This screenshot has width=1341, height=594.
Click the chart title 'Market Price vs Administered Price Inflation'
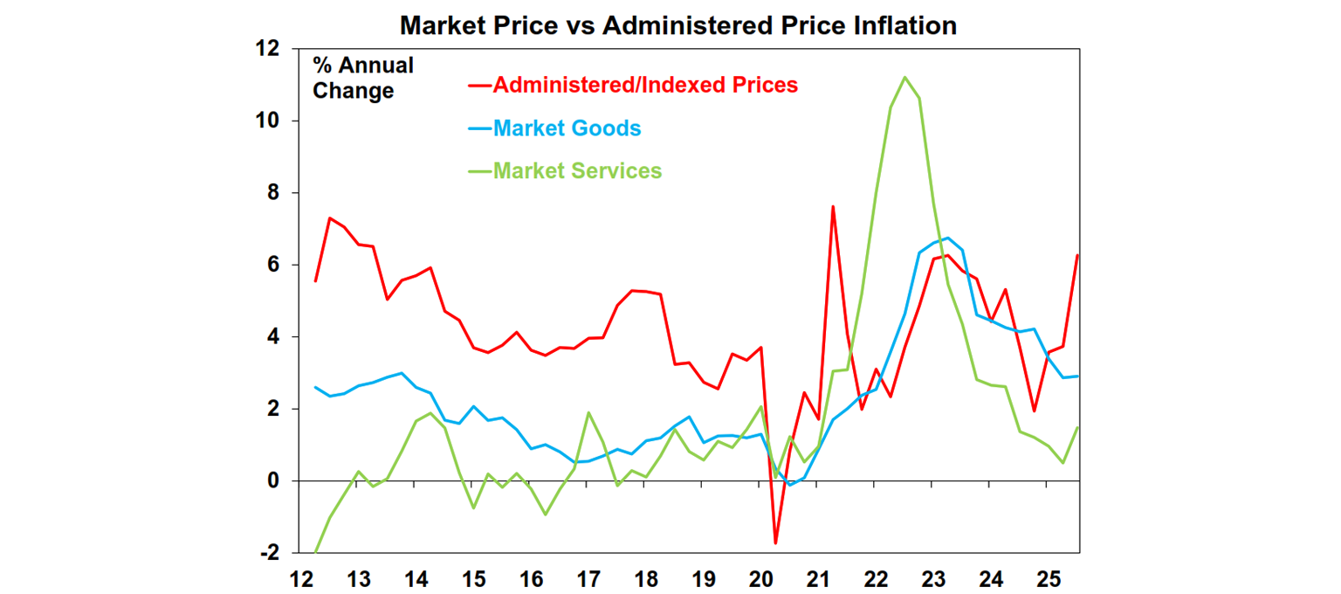678,25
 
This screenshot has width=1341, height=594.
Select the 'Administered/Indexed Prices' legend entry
645,85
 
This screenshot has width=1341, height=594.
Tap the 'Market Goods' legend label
567,128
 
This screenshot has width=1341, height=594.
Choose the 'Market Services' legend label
577,170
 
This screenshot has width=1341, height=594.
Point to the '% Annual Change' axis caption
363,78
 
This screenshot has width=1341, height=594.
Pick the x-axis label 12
301,579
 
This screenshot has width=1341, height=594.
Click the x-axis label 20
761,579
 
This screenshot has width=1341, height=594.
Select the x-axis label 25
1049,579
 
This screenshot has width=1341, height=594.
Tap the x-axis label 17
588,579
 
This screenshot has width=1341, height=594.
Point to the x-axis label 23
933,579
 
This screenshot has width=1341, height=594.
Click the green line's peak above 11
904,77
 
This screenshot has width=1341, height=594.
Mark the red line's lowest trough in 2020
775,543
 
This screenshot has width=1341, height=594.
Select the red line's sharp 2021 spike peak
833,207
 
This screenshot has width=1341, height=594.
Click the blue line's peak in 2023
948,238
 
